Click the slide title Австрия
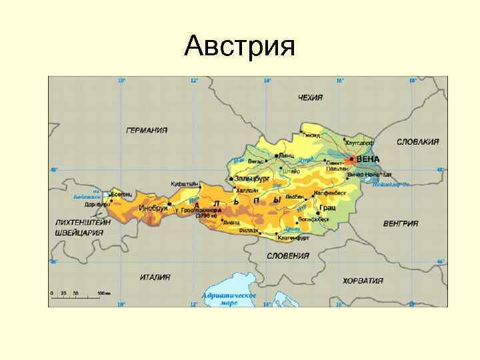(239, 47)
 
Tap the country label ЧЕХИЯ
(310, 97)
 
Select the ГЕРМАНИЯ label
(147, 130)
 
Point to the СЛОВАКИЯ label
(417, 141)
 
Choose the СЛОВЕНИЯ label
(287, 255)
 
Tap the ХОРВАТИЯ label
(363, 281)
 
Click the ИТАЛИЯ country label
(155, 277)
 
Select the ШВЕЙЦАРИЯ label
(79, 232)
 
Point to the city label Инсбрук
(153, 208)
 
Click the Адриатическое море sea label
(229, 298)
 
